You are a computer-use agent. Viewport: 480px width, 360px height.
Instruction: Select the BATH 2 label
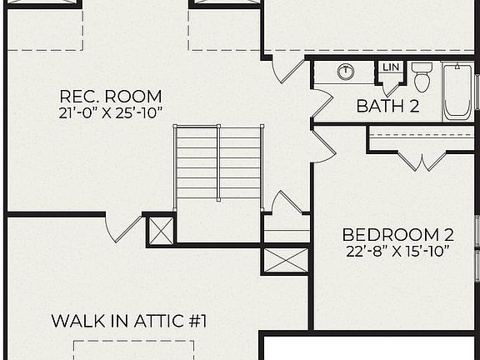(x=387, y=107)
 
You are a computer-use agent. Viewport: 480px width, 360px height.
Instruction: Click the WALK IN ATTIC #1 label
(x=128, y=321)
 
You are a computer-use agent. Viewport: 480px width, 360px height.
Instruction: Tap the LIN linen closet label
(x=389, y=67)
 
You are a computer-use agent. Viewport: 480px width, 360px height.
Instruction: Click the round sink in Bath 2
(x=346, y=72)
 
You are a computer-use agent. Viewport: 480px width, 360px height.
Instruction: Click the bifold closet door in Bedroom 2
(x=421, y=161)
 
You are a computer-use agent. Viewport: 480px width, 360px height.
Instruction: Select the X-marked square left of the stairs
(x=161, y=230)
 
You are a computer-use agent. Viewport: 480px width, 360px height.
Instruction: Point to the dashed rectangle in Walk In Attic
(x=133, y=350)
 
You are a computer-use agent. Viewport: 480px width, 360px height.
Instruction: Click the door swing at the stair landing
(x=286, y=204)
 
